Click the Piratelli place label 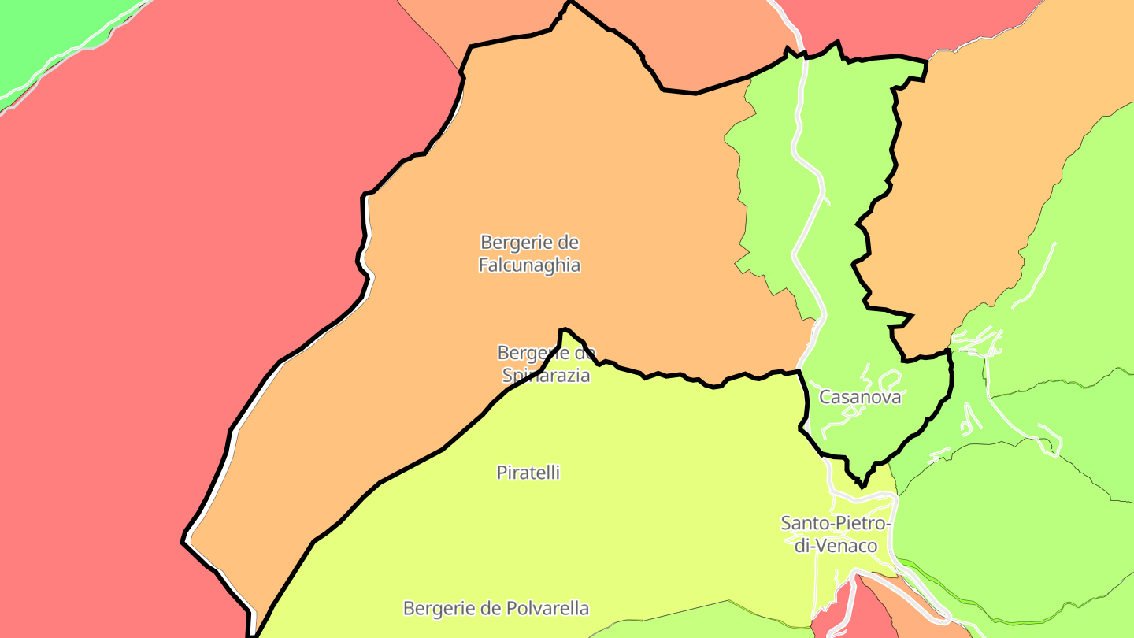[x=528, y=473]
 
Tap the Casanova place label [x=860, y=397]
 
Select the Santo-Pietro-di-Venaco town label [x=836, y=534]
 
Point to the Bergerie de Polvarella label [x=496, y=609]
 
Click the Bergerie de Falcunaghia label [x=529, y=254]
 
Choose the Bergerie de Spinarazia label [x=546, y=364]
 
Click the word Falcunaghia [x=529, y=265]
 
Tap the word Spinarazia [x=546, y=376]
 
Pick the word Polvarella [x=550, y=609]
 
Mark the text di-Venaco [x=836, y=546]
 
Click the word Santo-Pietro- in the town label [x=836, y=523]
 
